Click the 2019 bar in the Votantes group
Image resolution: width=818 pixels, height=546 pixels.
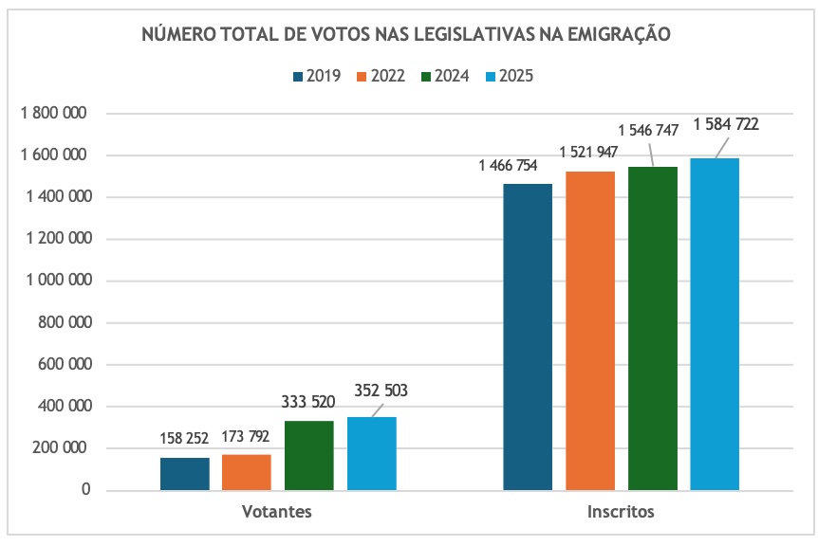[185, 474]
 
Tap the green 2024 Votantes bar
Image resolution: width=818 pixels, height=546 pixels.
[309, 456]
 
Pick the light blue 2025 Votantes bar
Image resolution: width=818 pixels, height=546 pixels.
[372, 454]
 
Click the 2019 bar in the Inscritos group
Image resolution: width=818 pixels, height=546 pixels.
[528, 337]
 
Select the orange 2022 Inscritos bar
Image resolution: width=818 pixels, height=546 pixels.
[590, 331]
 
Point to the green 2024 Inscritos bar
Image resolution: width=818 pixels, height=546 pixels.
[653, 328]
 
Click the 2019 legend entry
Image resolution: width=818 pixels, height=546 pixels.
[317, 77]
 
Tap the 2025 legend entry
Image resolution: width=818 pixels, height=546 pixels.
[510, 77]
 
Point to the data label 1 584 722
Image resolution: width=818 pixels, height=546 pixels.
[726, 124]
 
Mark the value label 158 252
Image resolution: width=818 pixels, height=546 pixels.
[185, 439]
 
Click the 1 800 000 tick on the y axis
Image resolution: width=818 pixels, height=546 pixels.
[54, 114]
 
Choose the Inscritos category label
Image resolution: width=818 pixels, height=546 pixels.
[621, 512]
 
